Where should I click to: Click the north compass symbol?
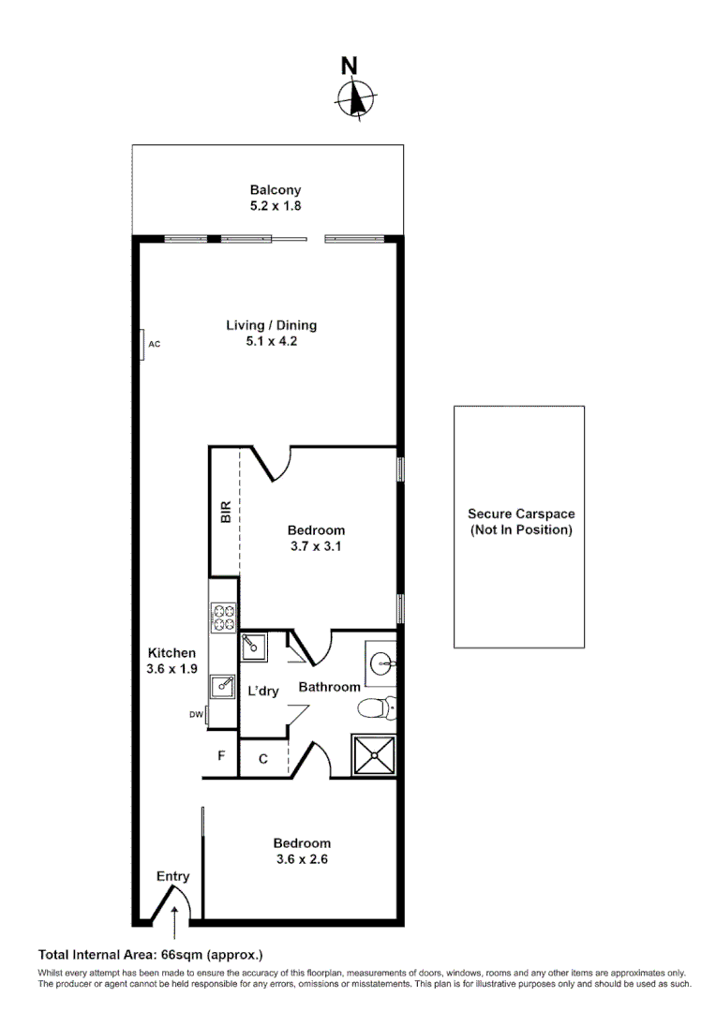coord(354,96)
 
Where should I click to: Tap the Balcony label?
coord(275,189)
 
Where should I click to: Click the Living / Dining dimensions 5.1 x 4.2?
coord(272,342)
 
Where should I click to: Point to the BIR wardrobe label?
coord(225,513)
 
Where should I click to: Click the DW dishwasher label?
coord(196,715)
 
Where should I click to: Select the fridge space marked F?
coord(221,755)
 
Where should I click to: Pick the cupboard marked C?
coord(263,759)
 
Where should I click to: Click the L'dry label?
coord(263,691)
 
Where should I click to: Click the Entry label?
coord(173,876)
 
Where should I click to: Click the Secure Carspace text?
coord(521,513)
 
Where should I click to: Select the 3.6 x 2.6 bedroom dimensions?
coord(302,859)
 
